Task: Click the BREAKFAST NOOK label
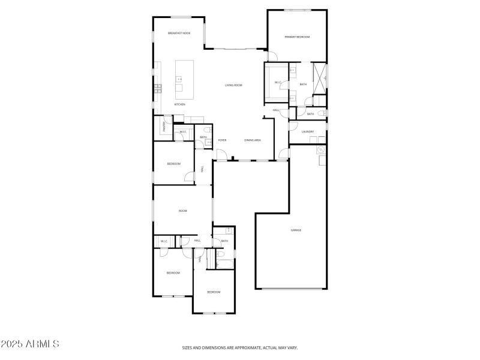point(179,33)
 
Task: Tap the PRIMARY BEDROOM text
point(297,37)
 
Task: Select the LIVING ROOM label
point(233,85)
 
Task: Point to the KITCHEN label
point(179,104)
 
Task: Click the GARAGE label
point(296,230)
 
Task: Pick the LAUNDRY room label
point(308,131)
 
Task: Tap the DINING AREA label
point(253,140)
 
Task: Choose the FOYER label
point(222,140)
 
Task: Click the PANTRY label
point(163,127)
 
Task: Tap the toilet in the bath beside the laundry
point(322,113)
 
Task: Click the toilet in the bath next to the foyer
point(207,130)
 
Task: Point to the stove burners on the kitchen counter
point(158,88)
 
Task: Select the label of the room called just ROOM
point(183,211)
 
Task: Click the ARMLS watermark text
point(30,344)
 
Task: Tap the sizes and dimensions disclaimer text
point(240,347)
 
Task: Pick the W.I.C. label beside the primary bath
point(278,82)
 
